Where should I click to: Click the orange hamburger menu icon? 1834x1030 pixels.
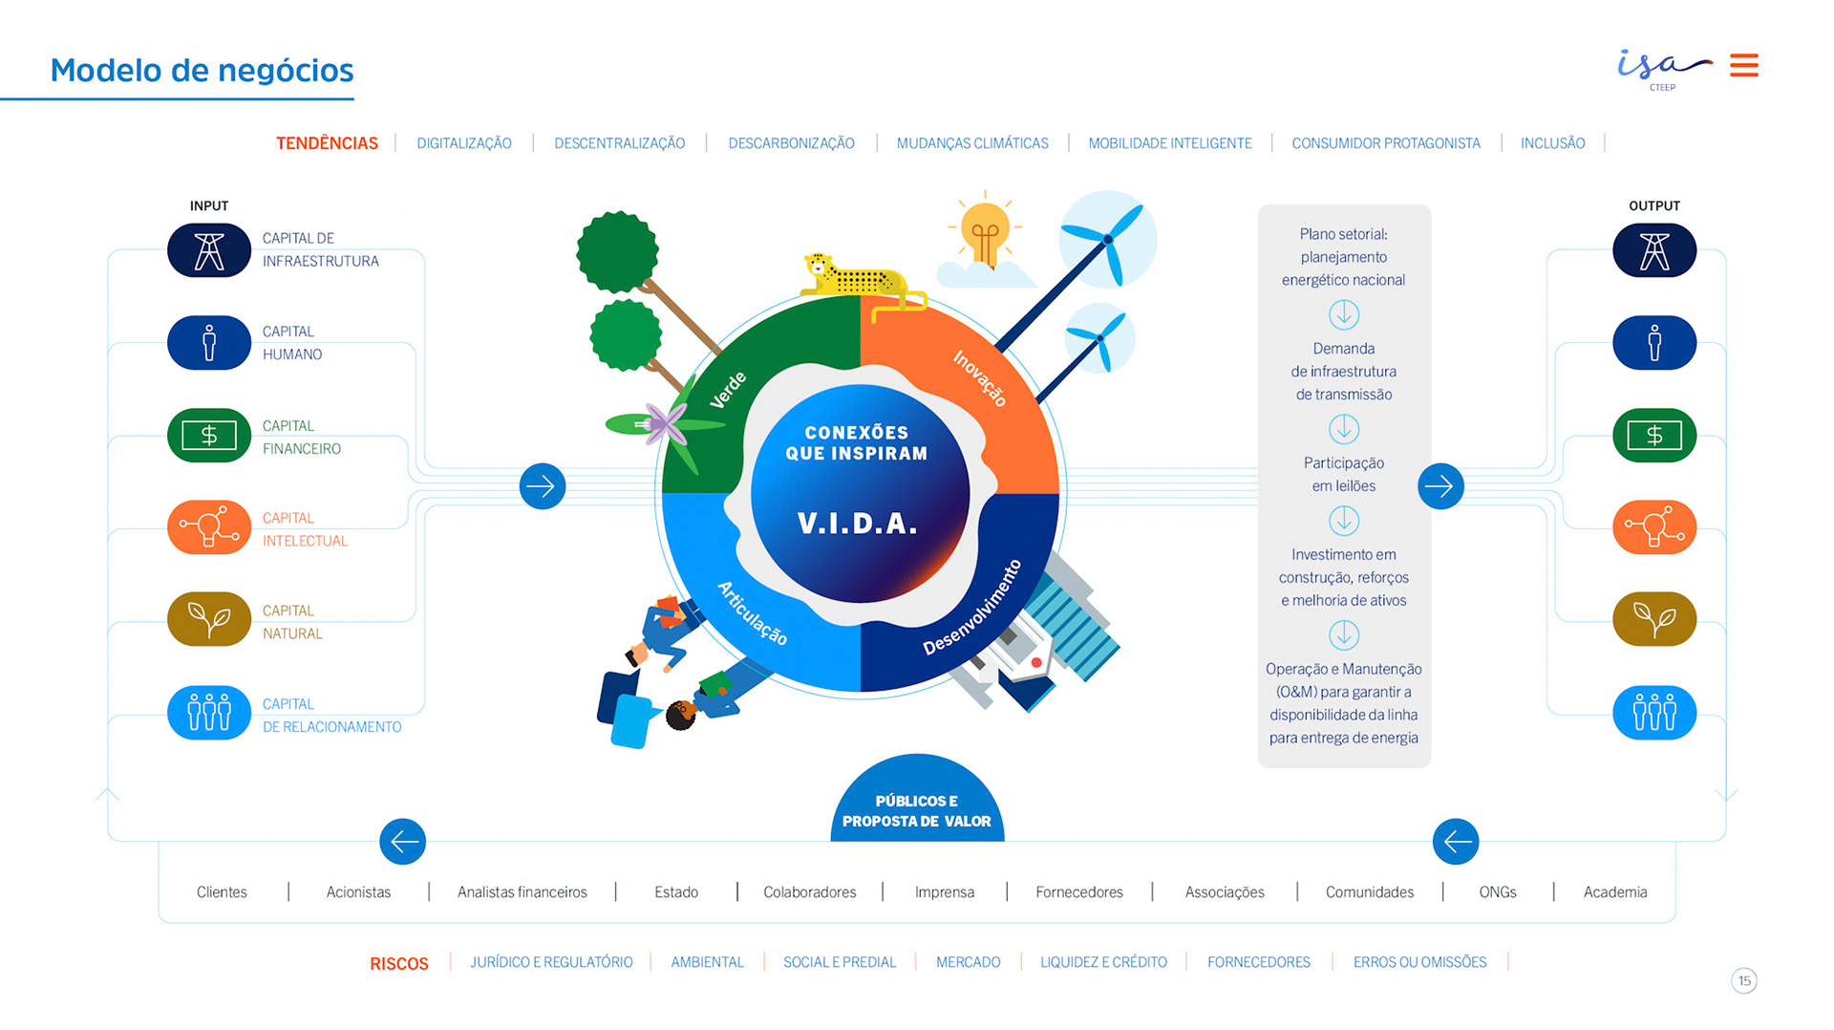(1743, 65)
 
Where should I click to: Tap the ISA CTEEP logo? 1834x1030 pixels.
(1663, 68)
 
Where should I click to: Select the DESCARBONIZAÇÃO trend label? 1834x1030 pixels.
(791, 143)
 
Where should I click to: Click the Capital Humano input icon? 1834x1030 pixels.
(209, 342)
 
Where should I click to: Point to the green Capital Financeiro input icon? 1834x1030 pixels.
(209, 436)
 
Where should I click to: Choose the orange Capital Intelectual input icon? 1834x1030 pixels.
(209, 527)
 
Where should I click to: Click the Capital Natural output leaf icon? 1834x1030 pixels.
(1654, 619)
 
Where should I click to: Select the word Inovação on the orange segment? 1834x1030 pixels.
(980, 378)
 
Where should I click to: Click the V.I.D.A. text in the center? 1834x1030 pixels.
(857, 524)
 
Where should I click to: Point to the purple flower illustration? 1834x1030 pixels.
(663, 423)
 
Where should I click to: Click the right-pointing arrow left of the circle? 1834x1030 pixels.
(543, 486)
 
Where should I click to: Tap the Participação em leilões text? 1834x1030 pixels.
(1343, 474)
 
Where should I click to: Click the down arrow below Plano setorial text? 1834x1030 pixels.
(1343, 314)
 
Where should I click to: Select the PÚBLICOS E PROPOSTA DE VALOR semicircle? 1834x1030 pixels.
(916, 806)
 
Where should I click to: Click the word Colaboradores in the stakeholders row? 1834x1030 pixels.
(809, 892)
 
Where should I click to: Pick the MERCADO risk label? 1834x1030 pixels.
(968, 962)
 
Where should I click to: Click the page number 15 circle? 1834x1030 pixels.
(1744, 980)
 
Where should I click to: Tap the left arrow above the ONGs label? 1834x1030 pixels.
(1456, 842)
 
